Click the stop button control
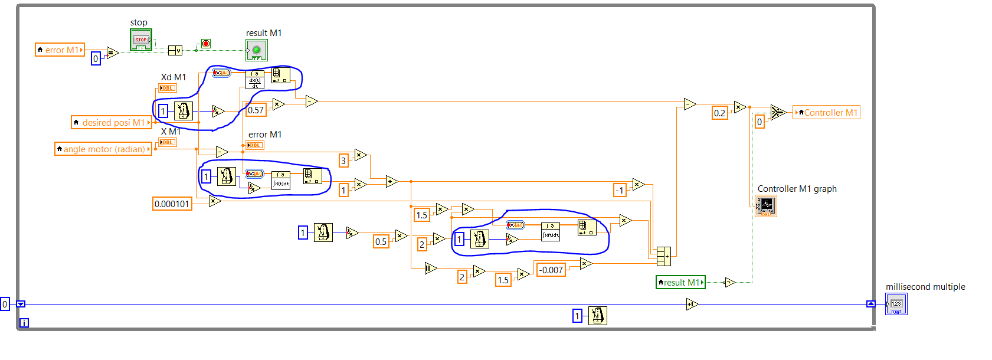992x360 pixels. [x=141, y=40]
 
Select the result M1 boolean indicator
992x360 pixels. [x=257, y=50]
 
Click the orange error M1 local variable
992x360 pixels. [x=60, y=50]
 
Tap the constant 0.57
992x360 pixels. [x=256, y=110]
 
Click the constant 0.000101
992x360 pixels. [x=172, y=204]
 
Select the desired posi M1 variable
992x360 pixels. [x=111, y=122]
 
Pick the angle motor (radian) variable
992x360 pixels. [x=103, y=149]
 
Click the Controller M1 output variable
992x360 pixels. [x=826, y=112]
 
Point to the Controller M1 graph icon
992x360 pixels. [x=766, y=205]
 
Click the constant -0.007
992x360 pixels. [x=551, y=270]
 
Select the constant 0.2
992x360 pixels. [x=719, y=113]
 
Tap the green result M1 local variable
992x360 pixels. [x=680, y=282]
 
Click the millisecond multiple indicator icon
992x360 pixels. [x=896, y=304]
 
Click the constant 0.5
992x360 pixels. [x=381, y=241]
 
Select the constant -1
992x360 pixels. [x=620, y=190]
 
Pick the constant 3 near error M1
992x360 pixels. [x=343, y=161]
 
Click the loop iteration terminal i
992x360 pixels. [x=24, y=323]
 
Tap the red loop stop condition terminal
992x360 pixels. [x=206, y=44]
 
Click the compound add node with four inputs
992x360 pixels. [x=664, y=256]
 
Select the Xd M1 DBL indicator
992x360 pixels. [x=168, y=88]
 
